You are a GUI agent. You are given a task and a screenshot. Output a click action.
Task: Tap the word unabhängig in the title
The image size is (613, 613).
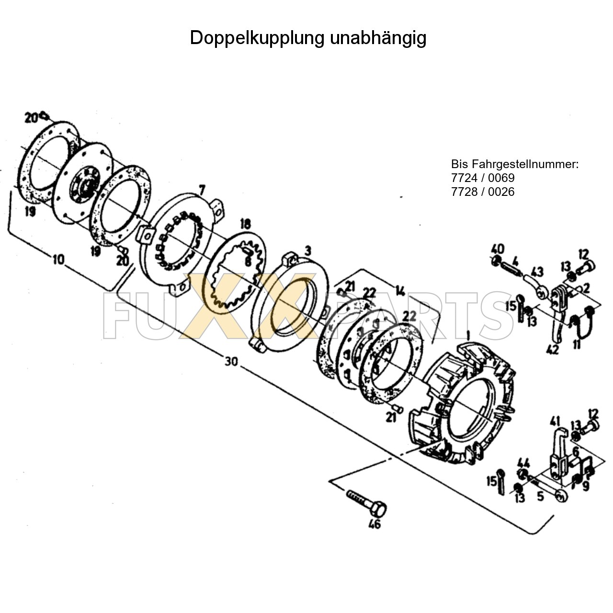(x=378, y=38)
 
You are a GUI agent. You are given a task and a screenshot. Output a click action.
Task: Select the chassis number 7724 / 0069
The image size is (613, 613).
(x=483, y=178)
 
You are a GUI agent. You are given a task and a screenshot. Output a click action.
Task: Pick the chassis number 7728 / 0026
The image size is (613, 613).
(x=483, y=192)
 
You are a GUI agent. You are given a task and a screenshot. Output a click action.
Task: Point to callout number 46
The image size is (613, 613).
(x=375, y=524)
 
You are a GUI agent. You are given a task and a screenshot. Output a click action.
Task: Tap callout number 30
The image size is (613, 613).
(x=231, y=361)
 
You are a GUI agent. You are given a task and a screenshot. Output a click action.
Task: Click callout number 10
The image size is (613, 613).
(x=58, y=260)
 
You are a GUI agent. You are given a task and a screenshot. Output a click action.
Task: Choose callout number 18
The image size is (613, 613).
(x=245, y=224)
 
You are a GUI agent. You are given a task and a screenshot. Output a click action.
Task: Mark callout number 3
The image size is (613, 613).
(x=308, y=250)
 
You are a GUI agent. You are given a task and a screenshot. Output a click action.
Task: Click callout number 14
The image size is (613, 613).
(x=400, y=291)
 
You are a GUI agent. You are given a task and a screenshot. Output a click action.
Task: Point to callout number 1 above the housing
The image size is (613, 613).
(x=468, y=334)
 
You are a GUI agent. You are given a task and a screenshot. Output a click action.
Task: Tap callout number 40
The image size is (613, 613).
(x=498, y=249)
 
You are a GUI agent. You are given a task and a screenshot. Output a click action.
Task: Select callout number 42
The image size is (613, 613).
(x=552, y=350)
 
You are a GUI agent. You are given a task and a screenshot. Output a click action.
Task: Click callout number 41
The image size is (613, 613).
(x=555, y=421)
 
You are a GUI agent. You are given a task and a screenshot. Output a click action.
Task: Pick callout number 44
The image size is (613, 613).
(x=523, y=463)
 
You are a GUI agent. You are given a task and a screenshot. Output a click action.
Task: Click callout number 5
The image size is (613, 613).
(x=540, y=496)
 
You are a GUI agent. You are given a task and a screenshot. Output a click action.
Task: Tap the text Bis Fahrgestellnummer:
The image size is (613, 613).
(x=515, y=164)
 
